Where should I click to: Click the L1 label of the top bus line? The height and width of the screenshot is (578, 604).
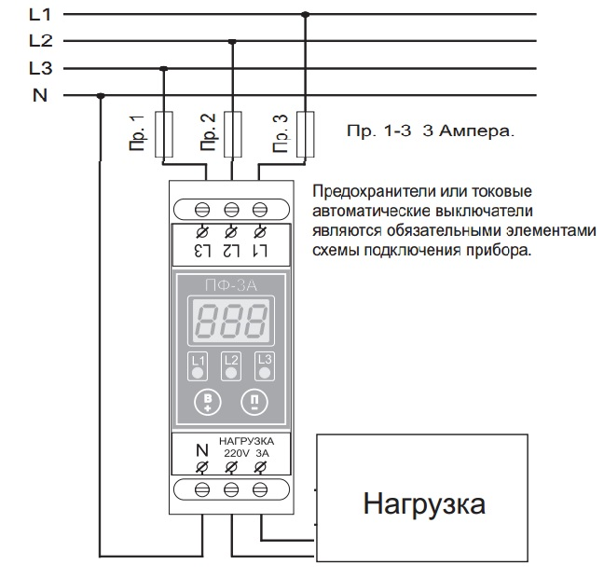tap(40, 15)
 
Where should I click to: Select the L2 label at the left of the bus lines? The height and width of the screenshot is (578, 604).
tap(40, 41)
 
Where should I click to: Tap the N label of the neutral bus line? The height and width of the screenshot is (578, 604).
tap(40, 95)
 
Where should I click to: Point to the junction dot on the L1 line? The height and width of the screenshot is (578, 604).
tap(305, 15)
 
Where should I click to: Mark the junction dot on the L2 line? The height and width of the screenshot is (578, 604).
tap(232, 41)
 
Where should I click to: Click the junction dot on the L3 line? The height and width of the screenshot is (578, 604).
tap(164, 69)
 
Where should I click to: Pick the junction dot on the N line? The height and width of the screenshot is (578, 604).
tap(101, 96)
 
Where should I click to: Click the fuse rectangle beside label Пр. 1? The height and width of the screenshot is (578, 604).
tap(164, 134)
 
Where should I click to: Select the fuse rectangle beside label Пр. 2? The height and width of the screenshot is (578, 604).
tap(233, 134)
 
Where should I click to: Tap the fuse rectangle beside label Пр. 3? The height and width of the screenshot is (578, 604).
tap(305, 134)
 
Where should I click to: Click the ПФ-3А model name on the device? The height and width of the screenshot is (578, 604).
tap(231, 285)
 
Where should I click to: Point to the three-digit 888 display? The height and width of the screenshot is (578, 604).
tap(231, 321)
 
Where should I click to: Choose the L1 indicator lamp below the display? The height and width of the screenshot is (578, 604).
tap(198, 366)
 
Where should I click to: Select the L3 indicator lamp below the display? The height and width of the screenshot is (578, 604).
tap(265, 366)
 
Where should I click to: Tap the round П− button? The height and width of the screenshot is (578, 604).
tap(254, 403)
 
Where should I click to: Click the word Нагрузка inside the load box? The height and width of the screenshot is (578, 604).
tap(424, 504)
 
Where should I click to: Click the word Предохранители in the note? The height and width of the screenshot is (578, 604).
tap(373, 191)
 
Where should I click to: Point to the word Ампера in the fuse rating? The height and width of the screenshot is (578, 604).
tap(477, 131)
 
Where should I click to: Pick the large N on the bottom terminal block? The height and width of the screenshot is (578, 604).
tap(202, 450)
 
